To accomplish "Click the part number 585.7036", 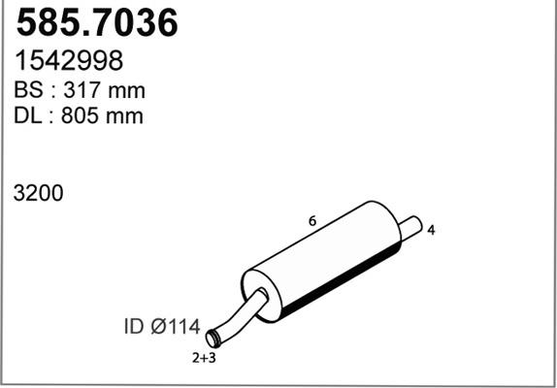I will tap(98, 23).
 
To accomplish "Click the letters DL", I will tap(27, 116).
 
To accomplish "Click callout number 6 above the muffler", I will tap(311, 221).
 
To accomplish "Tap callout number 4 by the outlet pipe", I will tap(430, 230).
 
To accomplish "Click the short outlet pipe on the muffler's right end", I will tap(410, 227).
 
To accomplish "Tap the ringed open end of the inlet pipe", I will tap(216, 337).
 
